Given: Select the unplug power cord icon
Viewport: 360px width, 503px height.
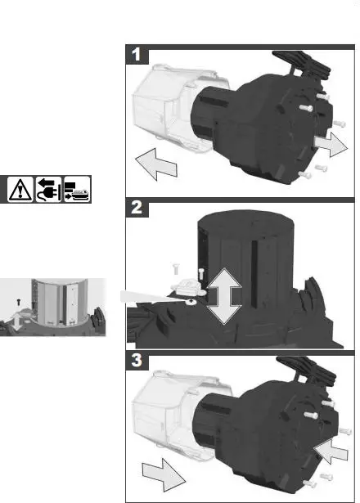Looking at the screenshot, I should pyautogui.click(x=47, y=190).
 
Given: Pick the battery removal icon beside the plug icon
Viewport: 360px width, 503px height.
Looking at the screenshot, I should pyautogui.click(x=77, y=190).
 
